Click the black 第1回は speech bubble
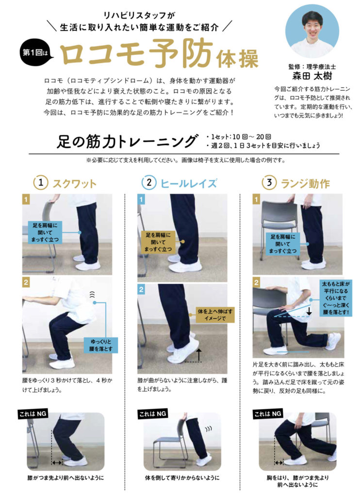pos(36,52)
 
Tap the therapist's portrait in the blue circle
pos(312,31)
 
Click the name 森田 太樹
pos(312,76)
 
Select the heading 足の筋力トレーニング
pos(127,141)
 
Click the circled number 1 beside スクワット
pos(41,183)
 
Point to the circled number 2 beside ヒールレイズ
pos(148,183)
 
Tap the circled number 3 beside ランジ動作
pos(269,183)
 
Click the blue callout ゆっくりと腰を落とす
pos(101,345)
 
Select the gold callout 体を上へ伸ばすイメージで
pos(215,315)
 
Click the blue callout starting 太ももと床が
pos(336,298)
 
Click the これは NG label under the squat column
pos(33,414)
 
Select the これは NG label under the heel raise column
pos(152,414)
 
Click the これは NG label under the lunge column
pos(268,414)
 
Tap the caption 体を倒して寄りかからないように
pos(182,478)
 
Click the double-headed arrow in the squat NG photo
pos(57,463)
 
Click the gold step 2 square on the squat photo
pos(26,282)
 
